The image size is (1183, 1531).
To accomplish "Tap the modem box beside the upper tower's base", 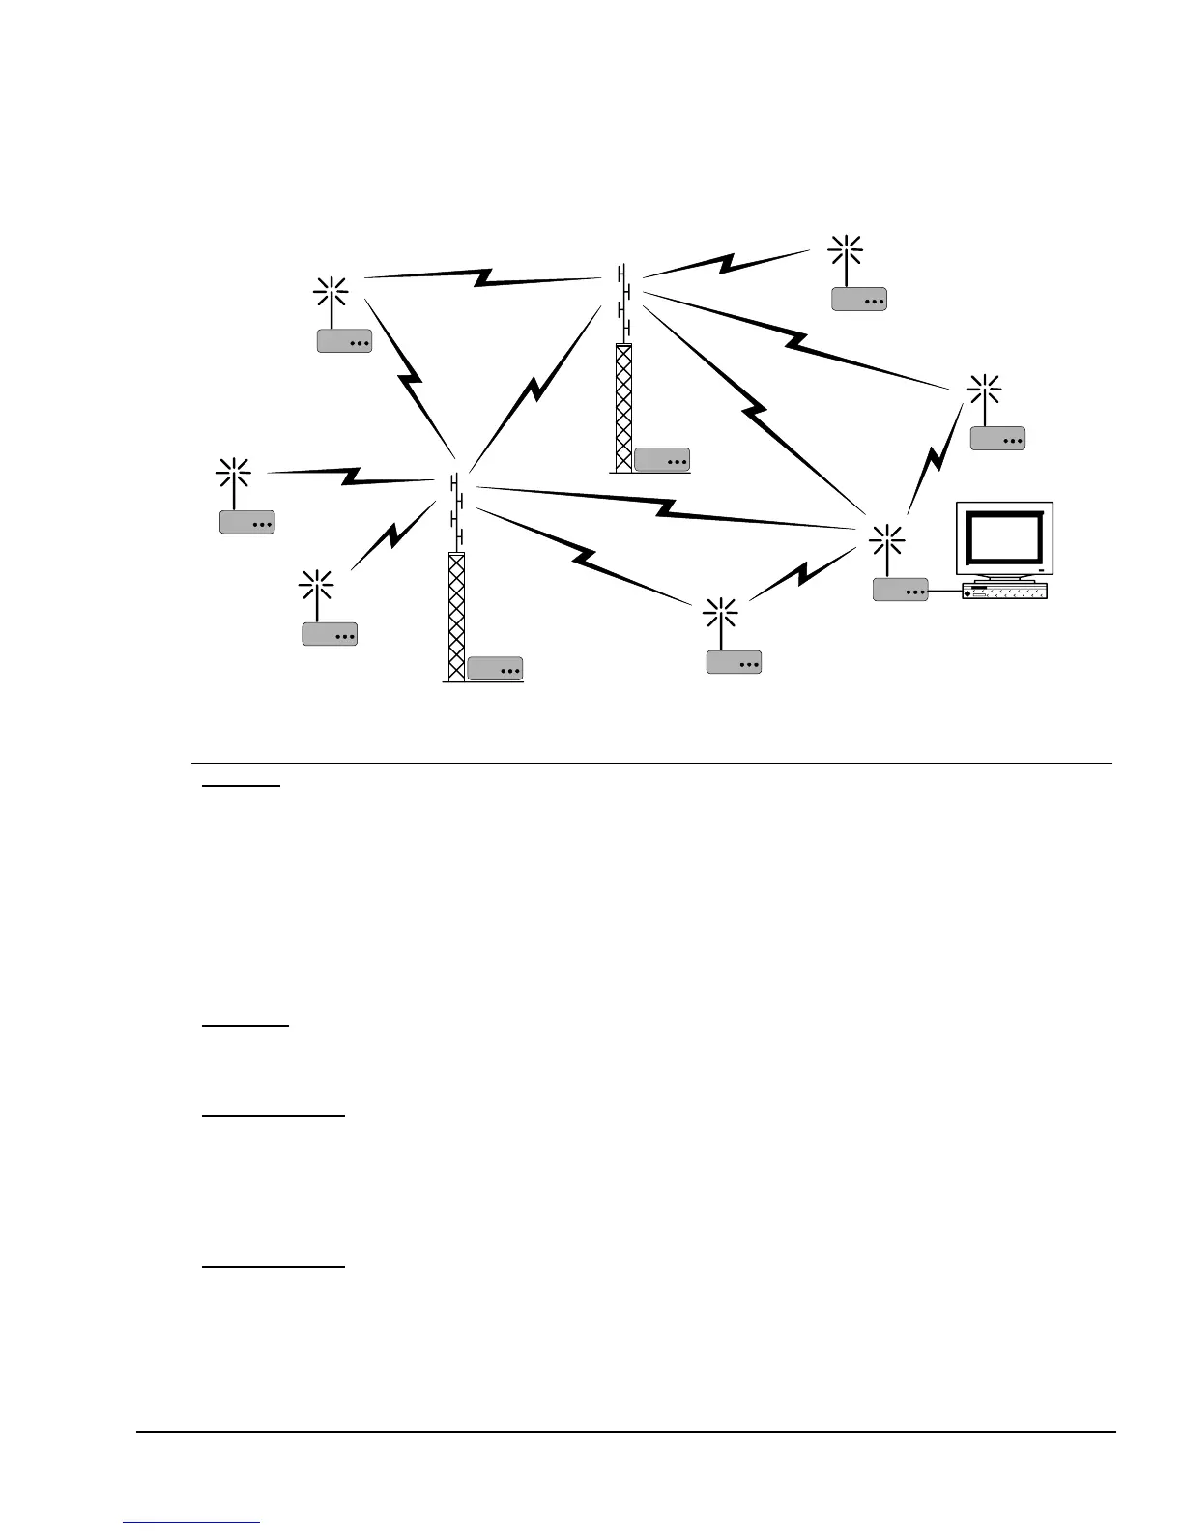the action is point(662,460).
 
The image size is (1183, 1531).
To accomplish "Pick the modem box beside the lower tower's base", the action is point(495,669).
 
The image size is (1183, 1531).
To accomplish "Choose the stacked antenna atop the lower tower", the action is point(456,507).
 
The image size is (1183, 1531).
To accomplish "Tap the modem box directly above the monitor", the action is point(997,438).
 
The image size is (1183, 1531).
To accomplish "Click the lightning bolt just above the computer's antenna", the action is point(933,458).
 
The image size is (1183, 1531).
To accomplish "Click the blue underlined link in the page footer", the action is point(192,1522).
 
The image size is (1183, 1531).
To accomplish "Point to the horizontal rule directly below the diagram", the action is point(652,763).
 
